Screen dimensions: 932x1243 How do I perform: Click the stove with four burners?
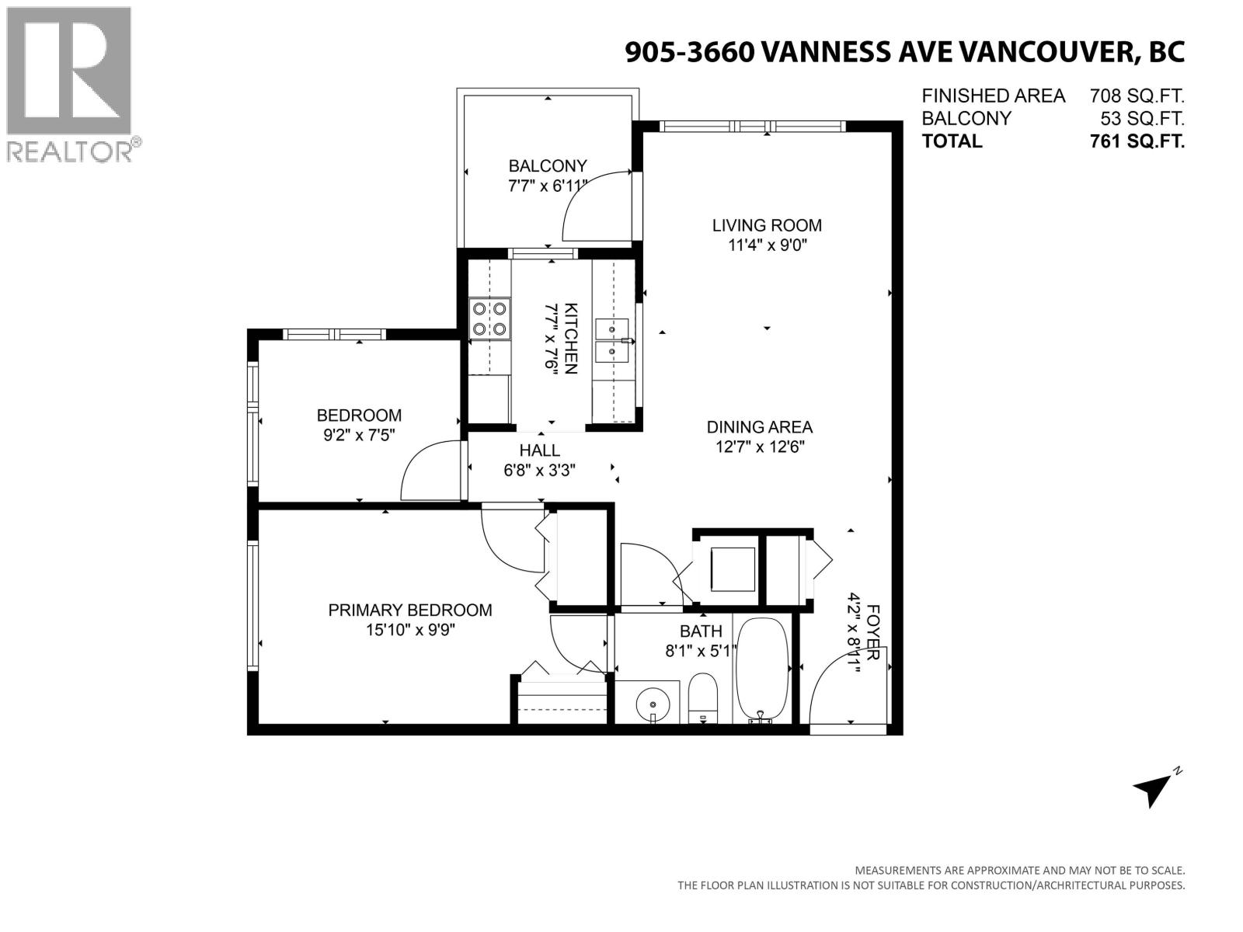click(490, 319)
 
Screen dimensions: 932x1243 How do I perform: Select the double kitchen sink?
click(613, 341)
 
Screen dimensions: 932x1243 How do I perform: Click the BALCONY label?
click(547, 165)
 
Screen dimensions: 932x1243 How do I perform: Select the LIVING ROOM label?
click(767, 225)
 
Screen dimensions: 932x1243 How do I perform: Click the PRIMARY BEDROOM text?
click(409, 610)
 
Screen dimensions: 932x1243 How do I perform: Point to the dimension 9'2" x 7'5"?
click(359, 436)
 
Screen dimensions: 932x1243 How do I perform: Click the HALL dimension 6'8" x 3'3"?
click(539, 470)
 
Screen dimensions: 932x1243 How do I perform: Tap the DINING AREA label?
click(759, 426)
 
